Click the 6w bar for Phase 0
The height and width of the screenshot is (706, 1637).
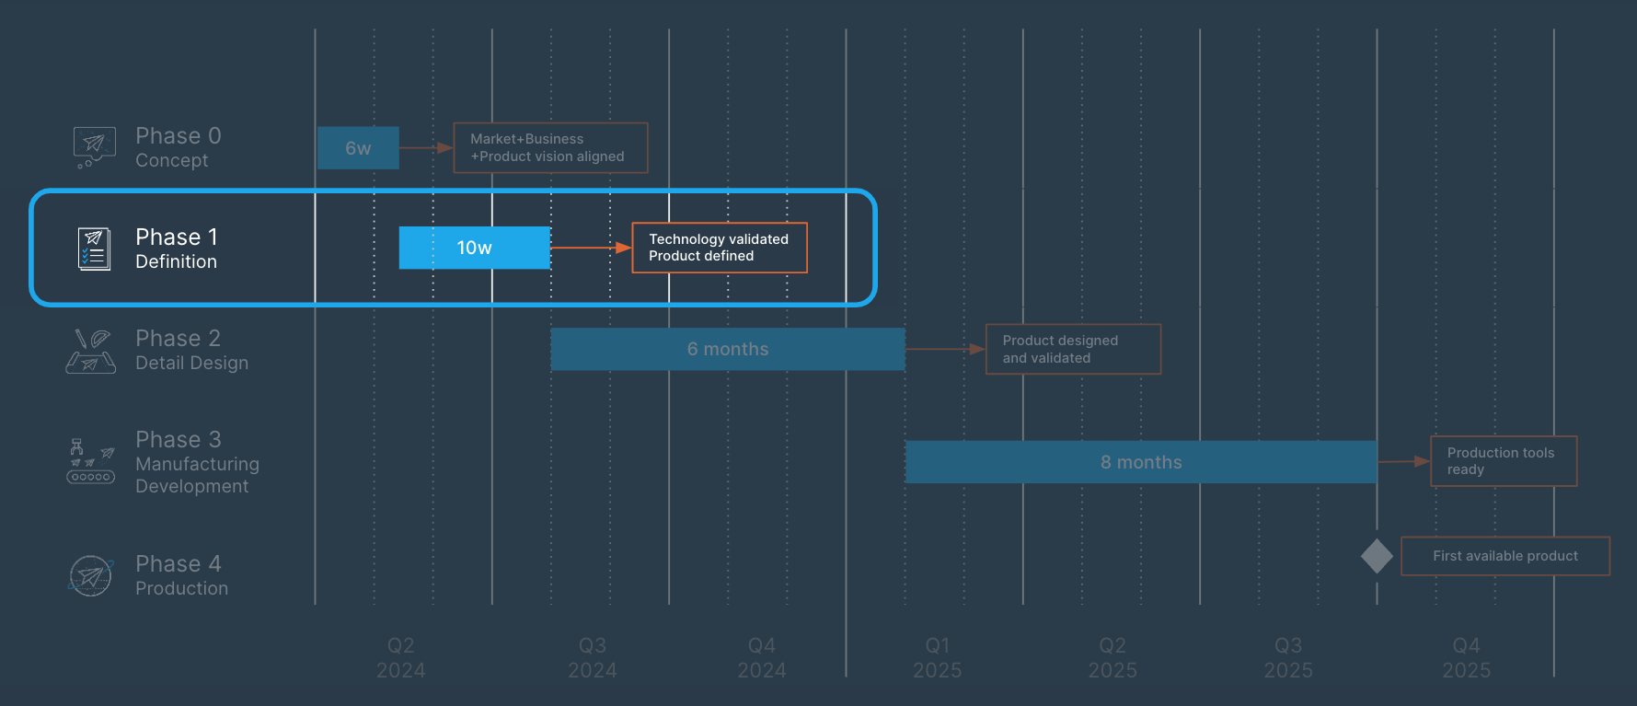(x=358, y=148)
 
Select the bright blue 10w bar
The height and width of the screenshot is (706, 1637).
(x=474, y=248)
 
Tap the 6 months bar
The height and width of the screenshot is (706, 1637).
(x=727, y=350)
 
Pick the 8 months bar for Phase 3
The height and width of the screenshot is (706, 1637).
(x=1141, y=462)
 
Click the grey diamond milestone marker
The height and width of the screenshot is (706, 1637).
(x=1377, y=556)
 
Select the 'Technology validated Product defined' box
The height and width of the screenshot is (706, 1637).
(x=719, y=248)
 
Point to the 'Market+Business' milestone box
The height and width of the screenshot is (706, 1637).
(x=550, y=148)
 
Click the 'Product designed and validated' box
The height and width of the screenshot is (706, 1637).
(x=1073, y=349)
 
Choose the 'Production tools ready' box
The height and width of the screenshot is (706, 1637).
(x=1504, y=461)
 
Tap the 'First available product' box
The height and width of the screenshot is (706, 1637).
(x=1505, y=556)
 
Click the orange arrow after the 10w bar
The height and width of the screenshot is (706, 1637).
(x=591, y=248)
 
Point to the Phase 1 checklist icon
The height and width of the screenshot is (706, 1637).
(x=94, y=249)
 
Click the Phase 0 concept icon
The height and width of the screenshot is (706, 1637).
(x=94, y=147)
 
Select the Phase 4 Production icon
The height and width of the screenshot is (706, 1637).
(x=91, y=576)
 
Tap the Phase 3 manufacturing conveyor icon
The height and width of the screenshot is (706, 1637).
(x=90, y=461)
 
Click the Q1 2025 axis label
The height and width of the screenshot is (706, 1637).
(x=937, y=658)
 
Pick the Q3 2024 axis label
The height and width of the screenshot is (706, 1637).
(x=592, y=658)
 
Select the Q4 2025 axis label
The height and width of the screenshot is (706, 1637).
(x=1466, y=658)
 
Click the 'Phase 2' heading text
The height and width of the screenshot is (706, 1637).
(x=178, y=339)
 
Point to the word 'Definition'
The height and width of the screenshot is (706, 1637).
(x=176, y=262)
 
